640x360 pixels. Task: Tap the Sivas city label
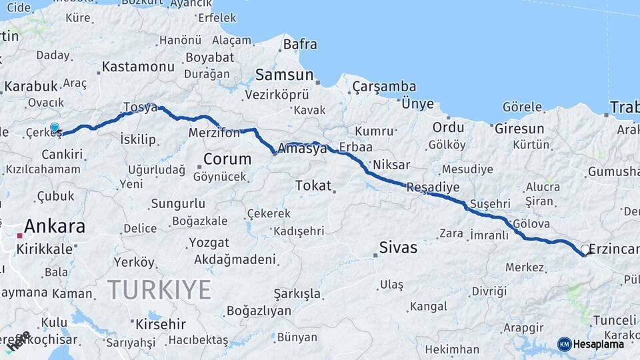[x=398, y=248]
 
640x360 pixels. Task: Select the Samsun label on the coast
[x=284, y=75]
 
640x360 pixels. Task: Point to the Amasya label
[x=303, y=149]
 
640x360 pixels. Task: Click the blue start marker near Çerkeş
[x=55, y=128]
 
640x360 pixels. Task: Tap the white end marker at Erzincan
[x=585, y=250]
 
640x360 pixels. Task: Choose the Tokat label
[x=313, y=185]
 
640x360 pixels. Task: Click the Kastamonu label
[x=139, y=67]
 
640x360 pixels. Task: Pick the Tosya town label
[x=140, y=107]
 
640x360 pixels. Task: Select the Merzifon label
[x=214, y=133]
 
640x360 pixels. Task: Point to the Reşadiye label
[x=433, y=187]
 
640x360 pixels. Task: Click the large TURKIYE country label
[x=159, y=289]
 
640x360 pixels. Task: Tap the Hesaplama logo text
[x=598, y=344]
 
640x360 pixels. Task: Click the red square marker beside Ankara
[x=20, y=235]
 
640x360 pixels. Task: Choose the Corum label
[x=227, y=159]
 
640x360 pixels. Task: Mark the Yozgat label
[x=209, y=243]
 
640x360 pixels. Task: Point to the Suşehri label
[x=489, y=203]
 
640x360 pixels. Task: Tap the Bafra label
[x=299, y=45]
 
